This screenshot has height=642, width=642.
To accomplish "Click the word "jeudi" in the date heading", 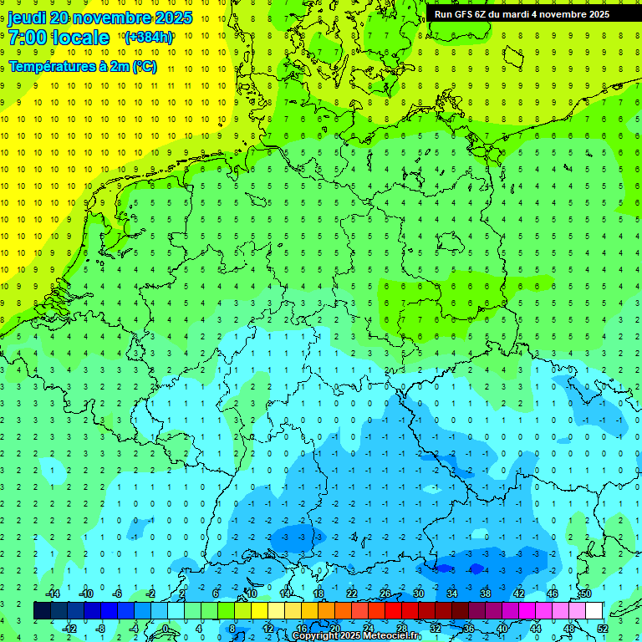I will point(27,18).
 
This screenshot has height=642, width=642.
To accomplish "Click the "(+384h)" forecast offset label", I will point(148,37).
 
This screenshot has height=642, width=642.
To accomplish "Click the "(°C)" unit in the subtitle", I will point(144,67).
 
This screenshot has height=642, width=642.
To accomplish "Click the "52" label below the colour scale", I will point(603,628).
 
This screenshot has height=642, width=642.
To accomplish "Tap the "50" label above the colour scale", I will point(585,594).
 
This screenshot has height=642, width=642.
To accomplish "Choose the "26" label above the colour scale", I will point(385,594).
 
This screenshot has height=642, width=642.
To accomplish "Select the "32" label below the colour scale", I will point(435,628).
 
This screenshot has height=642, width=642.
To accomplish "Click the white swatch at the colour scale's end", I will point(594,610).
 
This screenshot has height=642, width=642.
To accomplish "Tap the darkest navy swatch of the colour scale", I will point(42,610).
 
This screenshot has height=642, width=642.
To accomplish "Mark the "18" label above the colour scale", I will point(318,594).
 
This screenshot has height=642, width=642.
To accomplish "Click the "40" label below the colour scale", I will point(502,628).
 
